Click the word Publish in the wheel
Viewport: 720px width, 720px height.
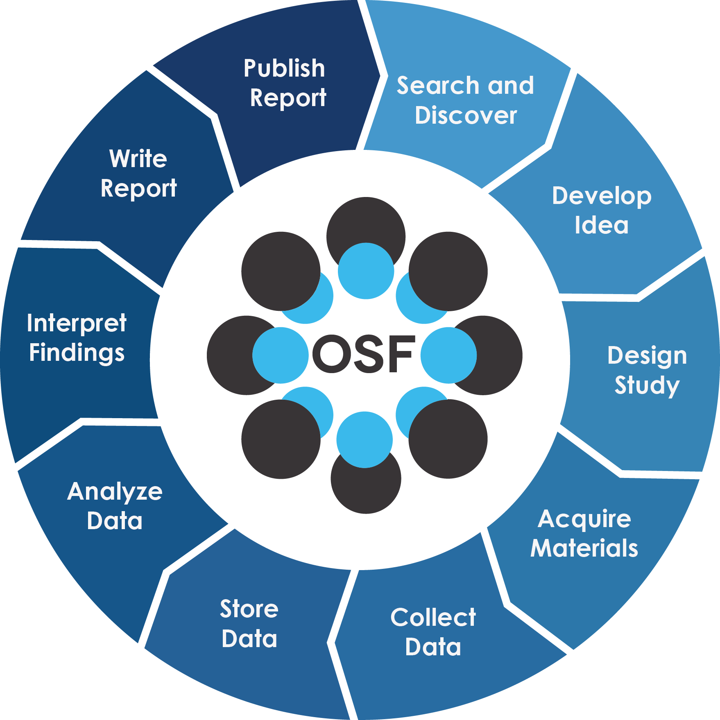pos(284,68)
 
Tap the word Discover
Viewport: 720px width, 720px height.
pos(466,115)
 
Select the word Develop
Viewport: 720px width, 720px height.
pos(601,196)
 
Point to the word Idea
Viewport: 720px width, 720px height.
pos(601,225)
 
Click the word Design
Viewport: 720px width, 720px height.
pos(647,355)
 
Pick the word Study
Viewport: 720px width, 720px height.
pos(647,385)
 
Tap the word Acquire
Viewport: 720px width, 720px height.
pos(584,519)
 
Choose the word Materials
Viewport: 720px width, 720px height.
pos(584,548)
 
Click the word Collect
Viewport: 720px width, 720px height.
pos(433,617)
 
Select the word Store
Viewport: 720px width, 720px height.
pos(249,609)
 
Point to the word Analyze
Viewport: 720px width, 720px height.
pos(115,491)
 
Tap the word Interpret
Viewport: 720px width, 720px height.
pos(77,323)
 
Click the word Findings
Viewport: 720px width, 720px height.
pos(77,353)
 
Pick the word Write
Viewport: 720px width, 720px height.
pos(138,158)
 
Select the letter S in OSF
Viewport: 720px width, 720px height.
pos(367,354)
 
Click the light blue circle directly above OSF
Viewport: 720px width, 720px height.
pos(366,271)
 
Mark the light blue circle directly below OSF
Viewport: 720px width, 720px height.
pos(365,439)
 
